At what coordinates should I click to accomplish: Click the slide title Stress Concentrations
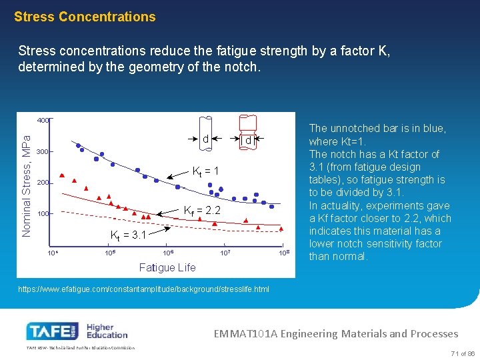pos(85,17)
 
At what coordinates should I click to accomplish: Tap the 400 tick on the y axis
pos(43,121)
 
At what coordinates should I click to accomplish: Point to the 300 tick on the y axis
pos(43,152)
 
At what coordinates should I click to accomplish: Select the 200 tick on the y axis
pos(43,183)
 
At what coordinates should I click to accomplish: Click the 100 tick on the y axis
pos(43,214)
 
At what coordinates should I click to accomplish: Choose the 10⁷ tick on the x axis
pos(226,253)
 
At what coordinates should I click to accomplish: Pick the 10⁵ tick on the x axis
pos(110,253)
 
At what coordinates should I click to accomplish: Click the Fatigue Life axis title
pos(167,267)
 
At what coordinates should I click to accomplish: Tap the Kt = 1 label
pos(206,171)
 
